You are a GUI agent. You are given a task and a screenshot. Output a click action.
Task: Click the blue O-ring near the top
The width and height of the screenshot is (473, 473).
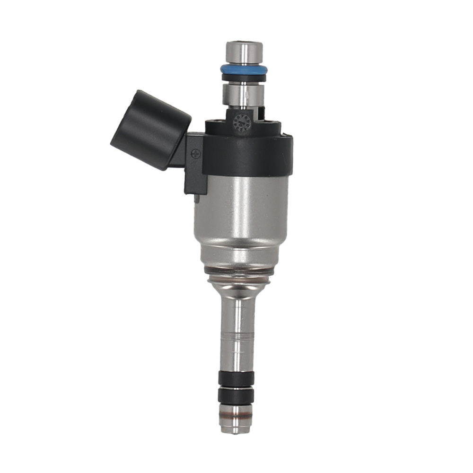[x=244, y=69]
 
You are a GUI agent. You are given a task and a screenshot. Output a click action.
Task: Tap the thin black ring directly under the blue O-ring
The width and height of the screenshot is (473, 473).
[x=244, y=77]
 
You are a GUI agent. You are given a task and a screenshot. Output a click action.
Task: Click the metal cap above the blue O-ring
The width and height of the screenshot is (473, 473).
[x=244, y=52]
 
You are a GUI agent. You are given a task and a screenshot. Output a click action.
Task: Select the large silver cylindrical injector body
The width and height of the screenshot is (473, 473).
[x=241, y=218]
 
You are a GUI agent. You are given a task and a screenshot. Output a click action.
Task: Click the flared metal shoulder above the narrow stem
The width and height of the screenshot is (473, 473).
[x=239, y=286]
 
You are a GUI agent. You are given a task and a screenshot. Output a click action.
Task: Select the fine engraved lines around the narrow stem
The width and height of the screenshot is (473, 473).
[x=238, y=333]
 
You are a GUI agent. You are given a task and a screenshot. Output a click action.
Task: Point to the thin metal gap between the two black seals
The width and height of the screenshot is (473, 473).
[x=236, y=386]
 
